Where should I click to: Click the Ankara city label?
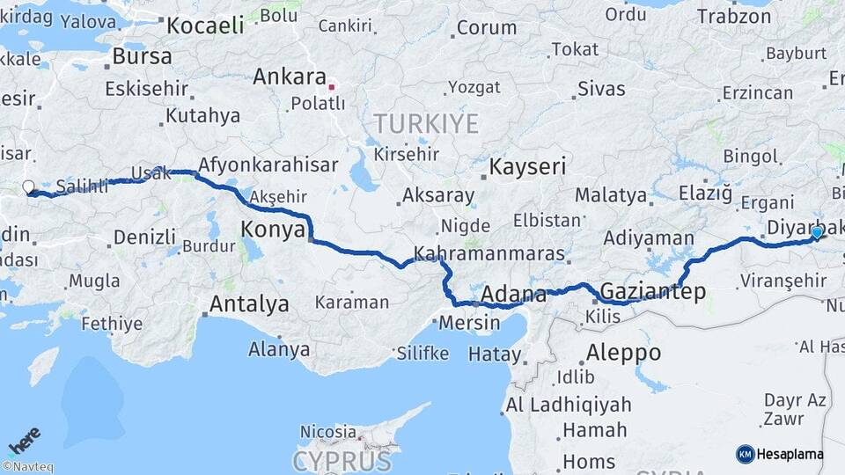pyautogui.click(x=290, y=77)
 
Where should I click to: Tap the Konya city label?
pyautogui.click(x=273, y=230)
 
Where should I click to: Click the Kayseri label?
pyautogui.click(x=527, y=166)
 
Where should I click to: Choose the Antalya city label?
pyautogui.click(x=249, y=304)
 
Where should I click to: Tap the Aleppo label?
pyautogui.click(x=623, y=353)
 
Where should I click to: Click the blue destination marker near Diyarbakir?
pyautogui.click(x=817, y=232)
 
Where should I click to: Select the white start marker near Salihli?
pyautogui.click(x=28, y=187)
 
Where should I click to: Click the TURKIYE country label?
pyautogui.click(x=426, y=122)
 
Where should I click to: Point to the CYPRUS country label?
pyautogui.click(x=342, y=460)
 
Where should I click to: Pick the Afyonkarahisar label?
pyautogui.click(x=268, y=164)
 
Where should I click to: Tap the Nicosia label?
pyautogui.click(x=327, y=432)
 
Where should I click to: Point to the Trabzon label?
pyautogui.click(x=733, y=16)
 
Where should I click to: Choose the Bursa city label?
pyautogui.click(x=143, y=57)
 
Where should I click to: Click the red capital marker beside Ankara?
pyautogui.click(x=332, y=86)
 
